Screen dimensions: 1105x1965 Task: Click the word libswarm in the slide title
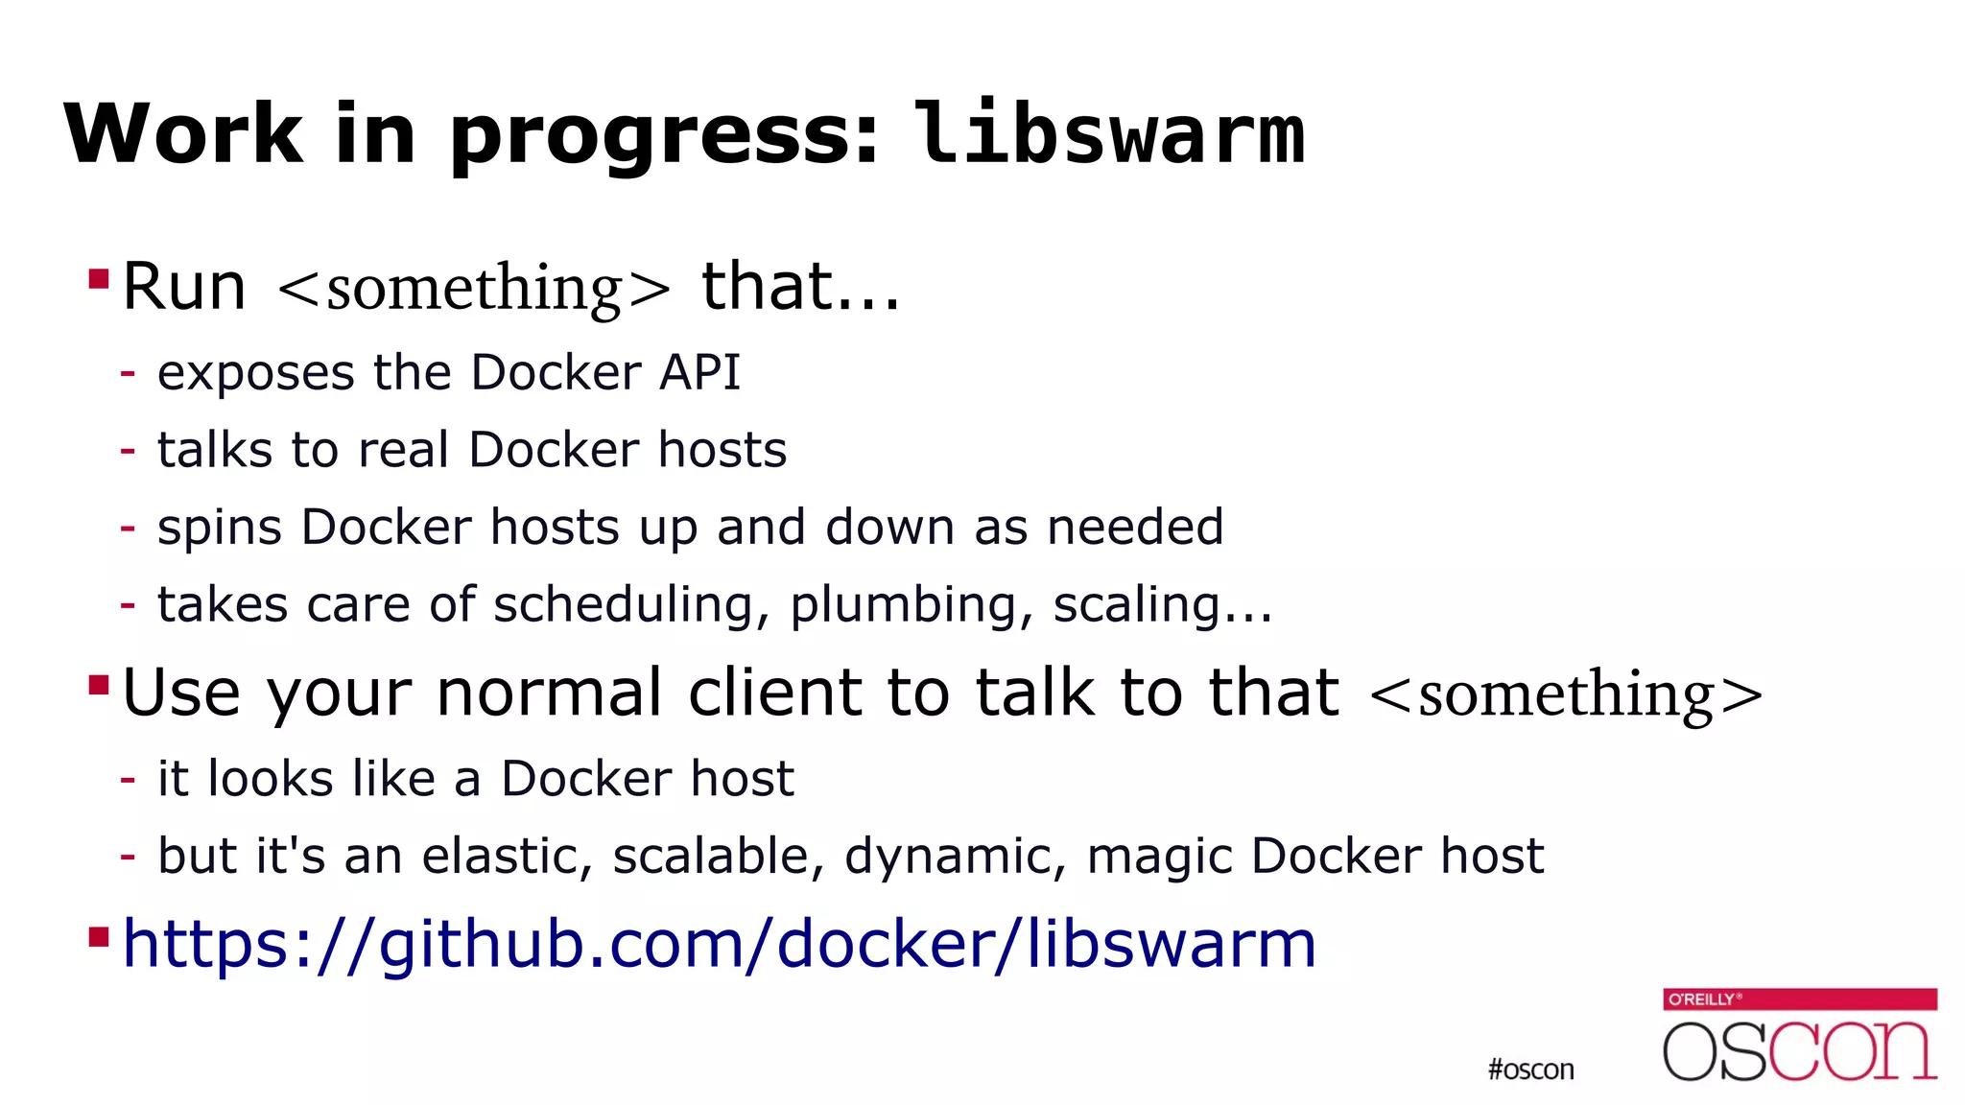tap(1109, 134)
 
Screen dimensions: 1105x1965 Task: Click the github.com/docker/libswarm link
tap(720, 944)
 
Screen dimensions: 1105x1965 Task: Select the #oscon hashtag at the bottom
tap(1530, 1070)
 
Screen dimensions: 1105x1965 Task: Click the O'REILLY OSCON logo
tap(1800, 1036)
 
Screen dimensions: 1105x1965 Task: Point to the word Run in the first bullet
tap(184, 287)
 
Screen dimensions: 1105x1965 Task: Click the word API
tap(700, 372)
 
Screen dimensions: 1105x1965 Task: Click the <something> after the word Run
tap(474, 288)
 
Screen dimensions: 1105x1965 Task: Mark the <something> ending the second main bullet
tap(1566, 694)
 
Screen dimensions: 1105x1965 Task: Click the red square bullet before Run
tap(98, 279)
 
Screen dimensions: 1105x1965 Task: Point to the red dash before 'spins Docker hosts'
tap(128, 528)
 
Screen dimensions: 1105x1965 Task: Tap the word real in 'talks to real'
tap(403, 450)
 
